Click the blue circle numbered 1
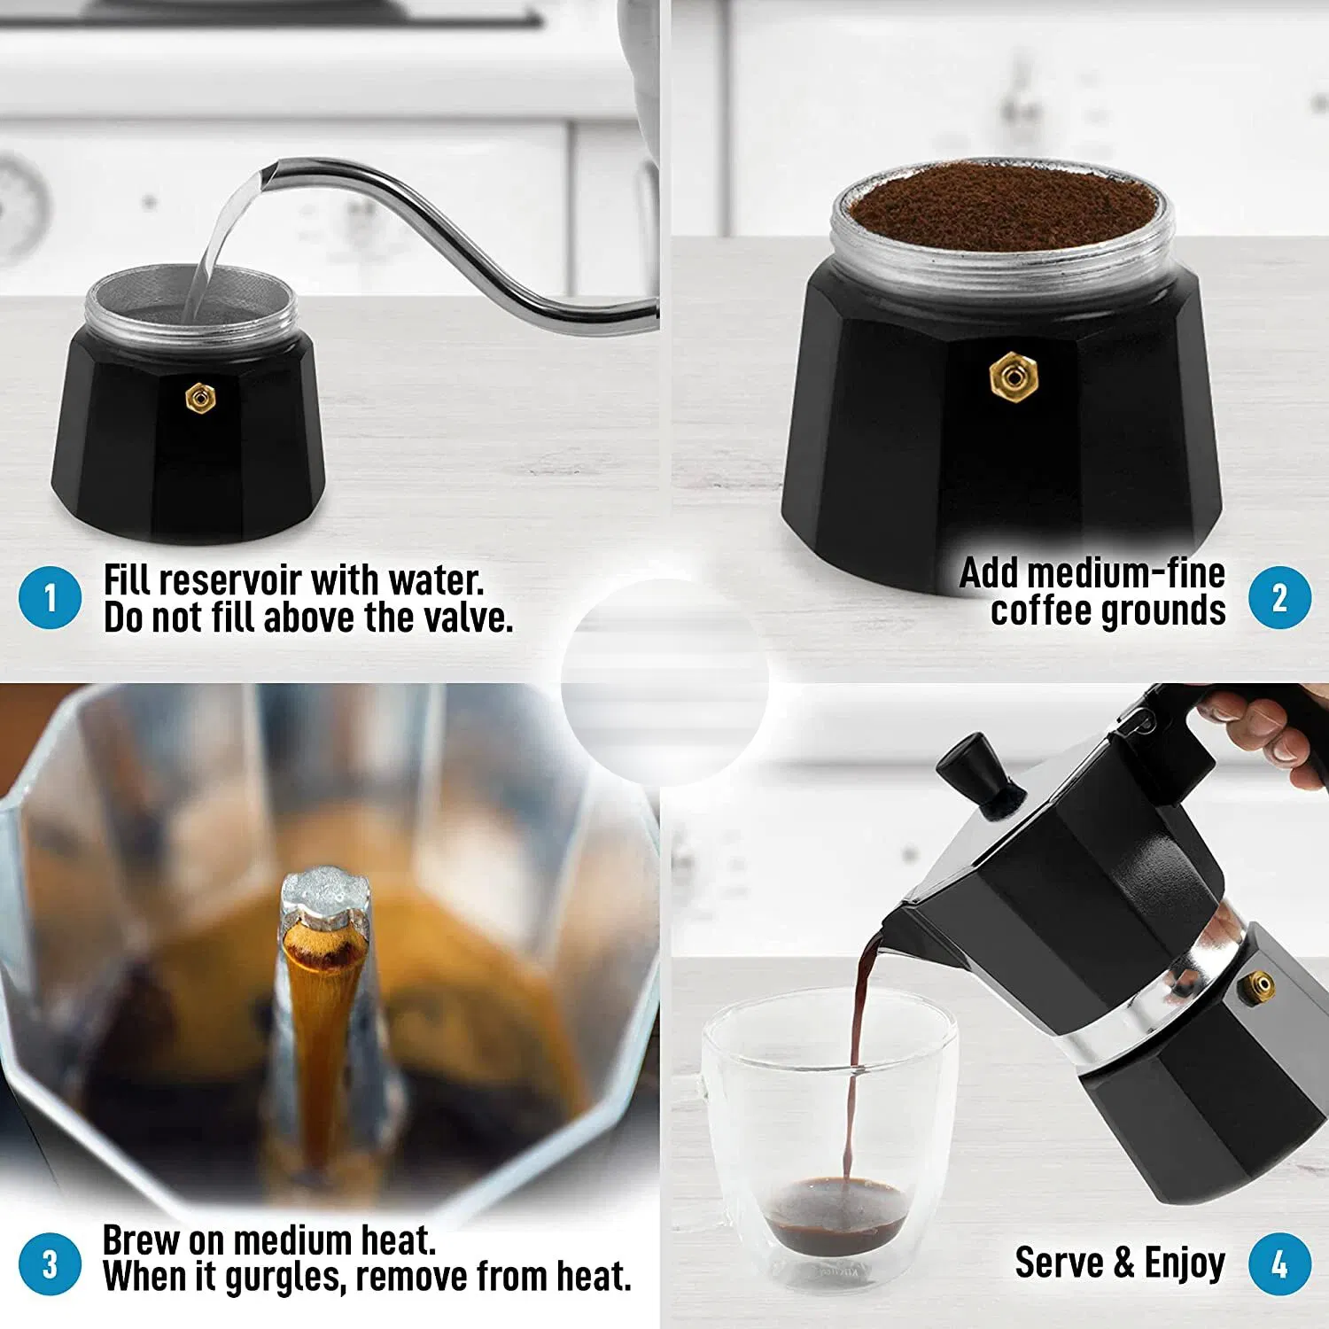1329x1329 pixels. (50, 598)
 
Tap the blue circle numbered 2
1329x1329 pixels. (1279, 598)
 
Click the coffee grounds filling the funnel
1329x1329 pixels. (1001, 208)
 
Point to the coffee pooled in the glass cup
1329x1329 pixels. (837, 1214)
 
